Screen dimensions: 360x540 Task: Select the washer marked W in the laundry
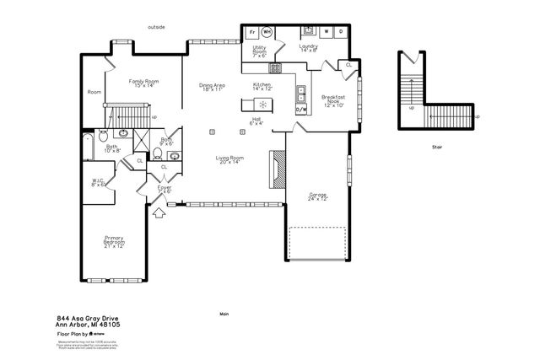327,31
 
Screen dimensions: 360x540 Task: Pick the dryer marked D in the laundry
341,31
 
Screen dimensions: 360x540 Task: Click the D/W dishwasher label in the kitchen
300,110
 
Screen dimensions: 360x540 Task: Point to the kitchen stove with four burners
275,67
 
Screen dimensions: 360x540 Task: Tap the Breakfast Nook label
334,101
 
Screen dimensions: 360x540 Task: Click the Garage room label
317,197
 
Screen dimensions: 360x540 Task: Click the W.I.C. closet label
98,182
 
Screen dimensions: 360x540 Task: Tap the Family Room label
143,83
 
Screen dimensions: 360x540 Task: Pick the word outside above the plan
156,27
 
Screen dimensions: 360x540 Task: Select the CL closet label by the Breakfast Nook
348,64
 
